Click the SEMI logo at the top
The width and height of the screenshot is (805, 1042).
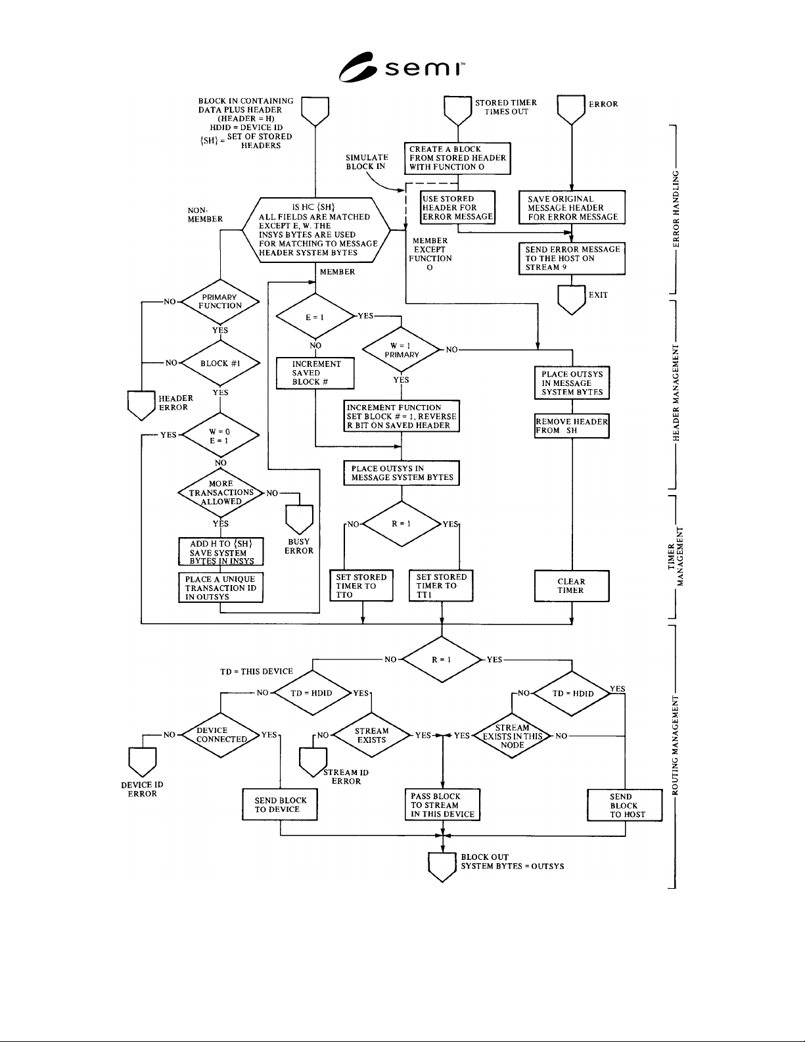[x=402, y=67]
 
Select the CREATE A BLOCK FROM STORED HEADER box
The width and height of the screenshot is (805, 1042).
[x=457, y=158]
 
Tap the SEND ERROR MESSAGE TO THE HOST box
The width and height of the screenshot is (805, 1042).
[x=572, y=258]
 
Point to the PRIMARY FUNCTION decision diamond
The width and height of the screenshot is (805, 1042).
[x=220, y=302]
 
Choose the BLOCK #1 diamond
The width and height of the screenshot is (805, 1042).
[x=220, y=363]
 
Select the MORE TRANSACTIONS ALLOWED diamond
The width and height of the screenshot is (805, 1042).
[x=221, y=493]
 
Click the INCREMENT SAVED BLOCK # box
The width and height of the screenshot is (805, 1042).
[x=315, y=373]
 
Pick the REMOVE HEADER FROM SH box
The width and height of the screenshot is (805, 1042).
[x=572, y=426]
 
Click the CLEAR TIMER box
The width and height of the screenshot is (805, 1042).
[x=572, y=586]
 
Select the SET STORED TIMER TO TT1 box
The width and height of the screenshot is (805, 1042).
[x=441, y=586]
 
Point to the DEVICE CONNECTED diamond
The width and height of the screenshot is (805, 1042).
[x=221, y=734]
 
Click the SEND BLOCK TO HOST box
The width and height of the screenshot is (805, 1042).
[x=625, y=805]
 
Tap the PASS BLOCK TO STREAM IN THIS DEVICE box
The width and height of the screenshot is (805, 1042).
[x=442, y=805]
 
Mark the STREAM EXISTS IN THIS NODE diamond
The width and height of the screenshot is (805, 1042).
[x=512, y=736]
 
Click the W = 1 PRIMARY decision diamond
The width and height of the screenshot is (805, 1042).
[x=402, y=350]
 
